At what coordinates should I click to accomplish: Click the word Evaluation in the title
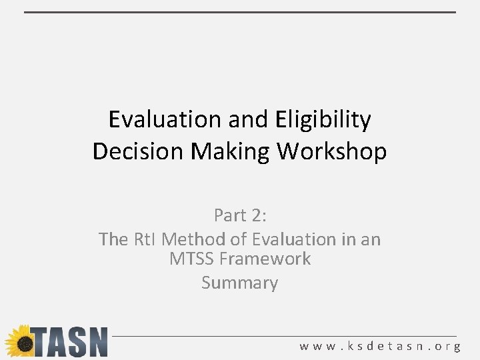tap(165, 120)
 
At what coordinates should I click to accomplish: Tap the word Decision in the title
tap(139, 151)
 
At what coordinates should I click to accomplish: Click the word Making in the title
tap(231, 151)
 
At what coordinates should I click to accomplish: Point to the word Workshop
tap(332, 151)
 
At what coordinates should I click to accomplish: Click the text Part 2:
tap(239, 215)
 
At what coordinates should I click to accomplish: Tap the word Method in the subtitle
tap(193, 239)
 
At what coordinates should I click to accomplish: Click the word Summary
tap(239, 283)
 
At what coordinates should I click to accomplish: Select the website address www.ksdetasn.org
tap(380, 347)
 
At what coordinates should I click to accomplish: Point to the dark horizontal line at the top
tap(240, 12)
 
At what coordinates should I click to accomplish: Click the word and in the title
tap(249, 120)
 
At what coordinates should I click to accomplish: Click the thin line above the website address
tap(287, 335)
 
